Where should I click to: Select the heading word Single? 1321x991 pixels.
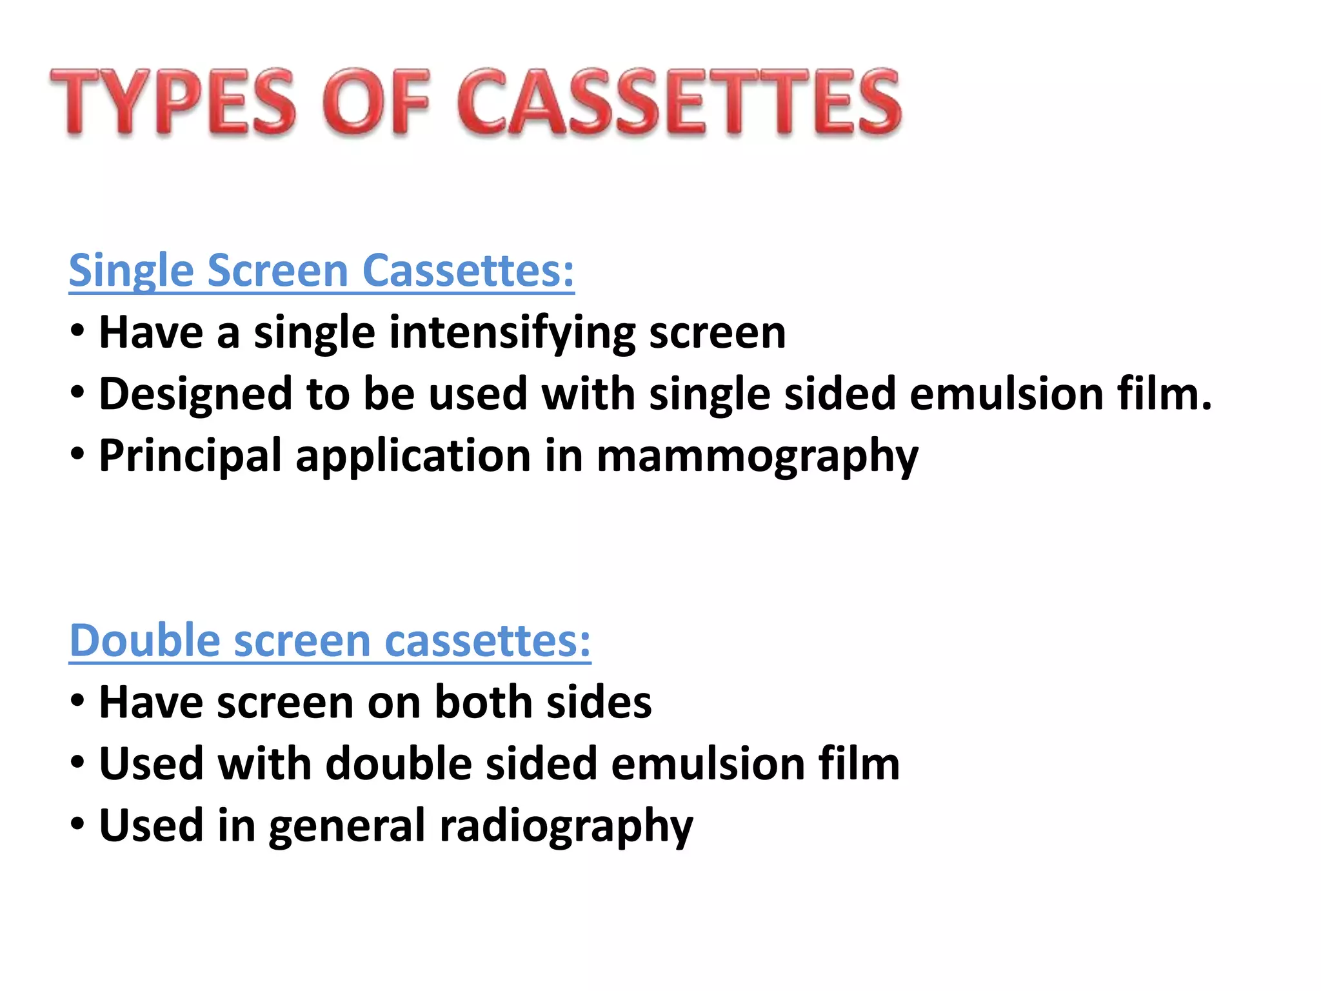click(132, 271)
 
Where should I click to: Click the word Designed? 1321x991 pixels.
click(195, 395)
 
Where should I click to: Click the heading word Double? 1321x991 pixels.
click(144, 640)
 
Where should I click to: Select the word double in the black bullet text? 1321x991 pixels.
click(399, 763)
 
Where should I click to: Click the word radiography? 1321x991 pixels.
click(566, 826)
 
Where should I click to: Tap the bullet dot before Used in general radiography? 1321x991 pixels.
click(77, 824)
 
